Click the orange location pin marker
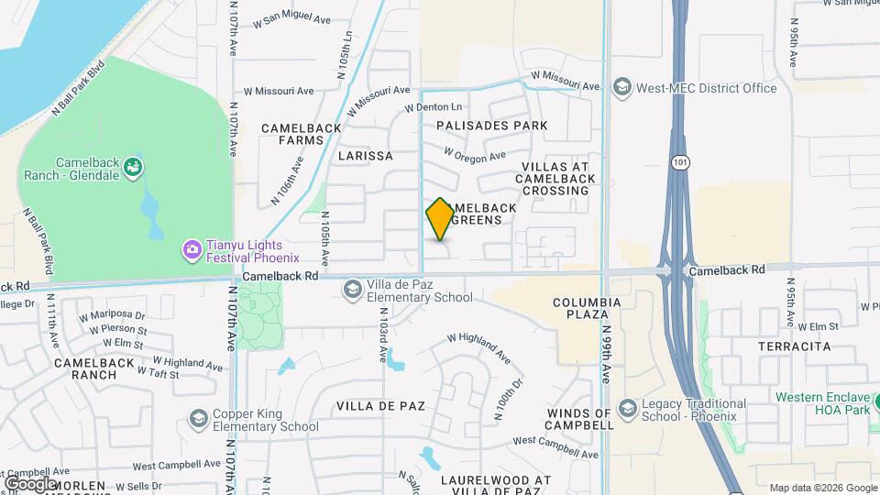tap(440, 219)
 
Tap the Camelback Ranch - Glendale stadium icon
tap(134, 167)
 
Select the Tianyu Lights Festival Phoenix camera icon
tap(192, 248)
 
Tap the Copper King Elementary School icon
tap(197, 419)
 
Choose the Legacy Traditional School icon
tap(628, 407)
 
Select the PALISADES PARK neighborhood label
tap(492, 126)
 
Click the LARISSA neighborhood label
tap(365, 156)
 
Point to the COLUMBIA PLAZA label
tap(587, 308)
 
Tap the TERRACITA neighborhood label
tap(794, 346)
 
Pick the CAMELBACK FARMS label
tap(293, 134)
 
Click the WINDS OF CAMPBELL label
tap(579, 420)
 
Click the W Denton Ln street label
tap(434, 108)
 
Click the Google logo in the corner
tap(29, 483)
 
